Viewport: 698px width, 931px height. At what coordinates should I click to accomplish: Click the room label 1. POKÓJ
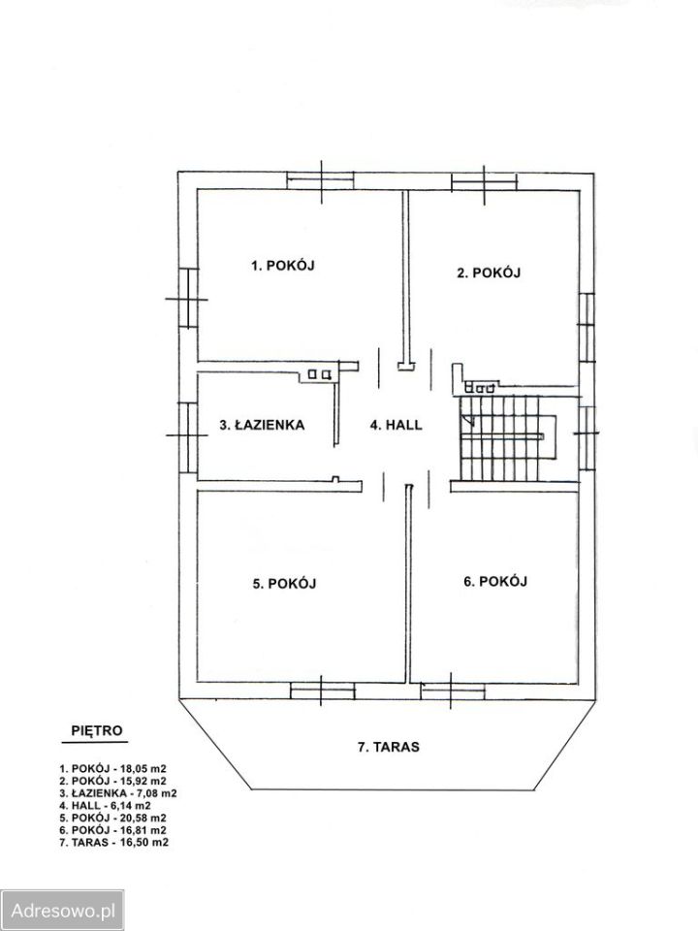click(282, 266)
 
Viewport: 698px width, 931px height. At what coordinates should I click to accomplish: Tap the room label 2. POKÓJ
click(489, 273)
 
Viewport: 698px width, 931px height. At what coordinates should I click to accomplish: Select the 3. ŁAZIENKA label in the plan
click(262, 425)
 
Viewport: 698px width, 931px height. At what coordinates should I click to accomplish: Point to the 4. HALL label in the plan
click(396, 425)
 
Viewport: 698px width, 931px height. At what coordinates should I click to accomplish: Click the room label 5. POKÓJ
click(284, 584)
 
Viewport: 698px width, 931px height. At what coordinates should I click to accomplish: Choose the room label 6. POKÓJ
click(495, 581)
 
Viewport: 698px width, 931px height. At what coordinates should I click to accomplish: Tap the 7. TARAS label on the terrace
click(388, 747)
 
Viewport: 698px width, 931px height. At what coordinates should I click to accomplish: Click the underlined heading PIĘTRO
click(96, 730)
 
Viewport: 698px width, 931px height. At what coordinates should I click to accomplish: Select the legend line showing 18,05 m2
click(112, 768)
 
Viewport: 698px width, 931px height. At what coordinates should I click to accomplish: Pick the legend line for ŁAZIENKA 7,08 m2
click(118, 792)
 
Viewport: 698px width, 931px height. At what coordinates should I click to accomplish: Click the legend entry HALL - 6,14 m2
click(105, 805)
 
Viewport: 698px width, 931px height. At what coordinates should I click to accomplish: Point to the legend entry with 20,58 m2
click(112, 818)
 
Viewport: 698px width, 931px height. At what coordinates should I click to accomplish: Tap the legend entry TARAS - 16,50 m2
click(114, 842)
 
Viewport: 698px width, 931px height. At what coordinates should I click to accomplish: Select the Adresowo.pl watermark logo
click(62, 910)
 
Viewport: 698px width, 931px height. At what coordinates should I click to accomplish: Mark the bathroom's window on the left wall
click(187, 436)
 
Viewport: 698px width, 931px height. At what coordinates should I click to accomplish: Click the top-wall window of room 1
click(321, 180)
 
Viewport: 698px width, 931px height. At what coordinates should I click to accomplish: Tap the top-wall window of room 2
click(484, 181)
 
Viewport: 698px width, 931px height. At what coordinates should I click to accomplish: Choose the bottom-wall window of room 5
click(322, 690)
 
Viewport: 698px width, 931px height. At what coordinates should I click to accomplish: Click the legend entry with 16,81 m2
click(112, 829)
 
